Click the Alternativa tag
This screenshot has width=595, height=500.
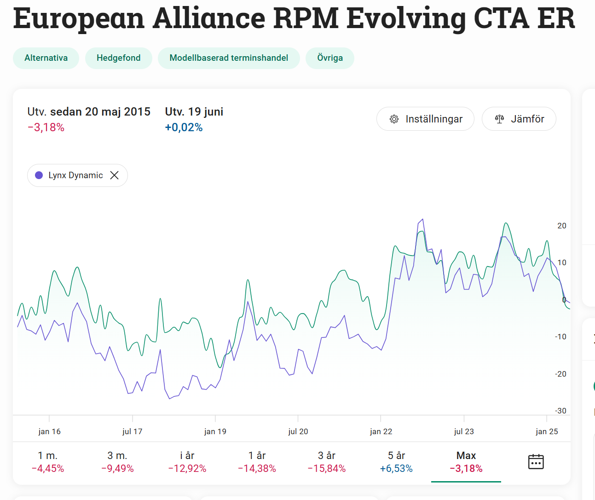click(46, 58)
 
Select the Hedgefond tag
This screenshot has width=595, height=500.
click(119, 58)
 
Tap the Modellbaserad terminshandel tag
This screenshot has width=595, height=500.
click(229, 58)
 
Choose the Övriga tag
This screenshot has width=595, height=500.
click(330, 58)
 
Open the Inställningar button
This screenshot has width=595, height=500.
click(425, 119)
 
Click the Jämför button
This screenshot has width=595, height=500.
click(519, 119)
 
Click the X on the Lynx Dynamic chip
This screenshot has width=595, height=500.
click(115, 175)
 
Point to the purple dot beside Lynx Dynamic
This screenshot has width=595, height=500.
click(39, 175)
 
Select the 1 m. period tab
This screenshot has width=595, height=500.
click(48, 462)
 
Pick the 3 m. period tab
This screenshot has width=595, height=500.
click(117, 462)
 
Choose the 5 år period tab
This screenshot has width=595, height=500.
click(396, 462)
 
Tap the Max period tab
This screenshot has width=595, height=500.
click(466, 462)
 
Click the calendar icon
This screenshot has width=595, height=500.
click(536, 461)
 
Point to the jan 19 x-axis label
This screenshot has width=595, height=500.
click(215, 431)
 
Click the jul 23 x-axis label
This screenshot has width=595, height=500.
click(464, 431)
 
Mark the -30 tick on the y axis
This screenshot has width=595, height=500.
click(560, 411)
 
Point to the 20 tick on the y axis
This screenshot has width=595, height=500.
click(562, 226)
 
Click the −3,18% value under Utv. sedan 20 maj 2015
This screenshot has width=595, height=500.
click(46, 128)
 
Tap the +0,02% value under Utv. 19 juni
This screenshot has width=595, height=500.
click(184, 128)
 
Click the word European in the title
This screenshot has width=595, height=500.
click(79, 18)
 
